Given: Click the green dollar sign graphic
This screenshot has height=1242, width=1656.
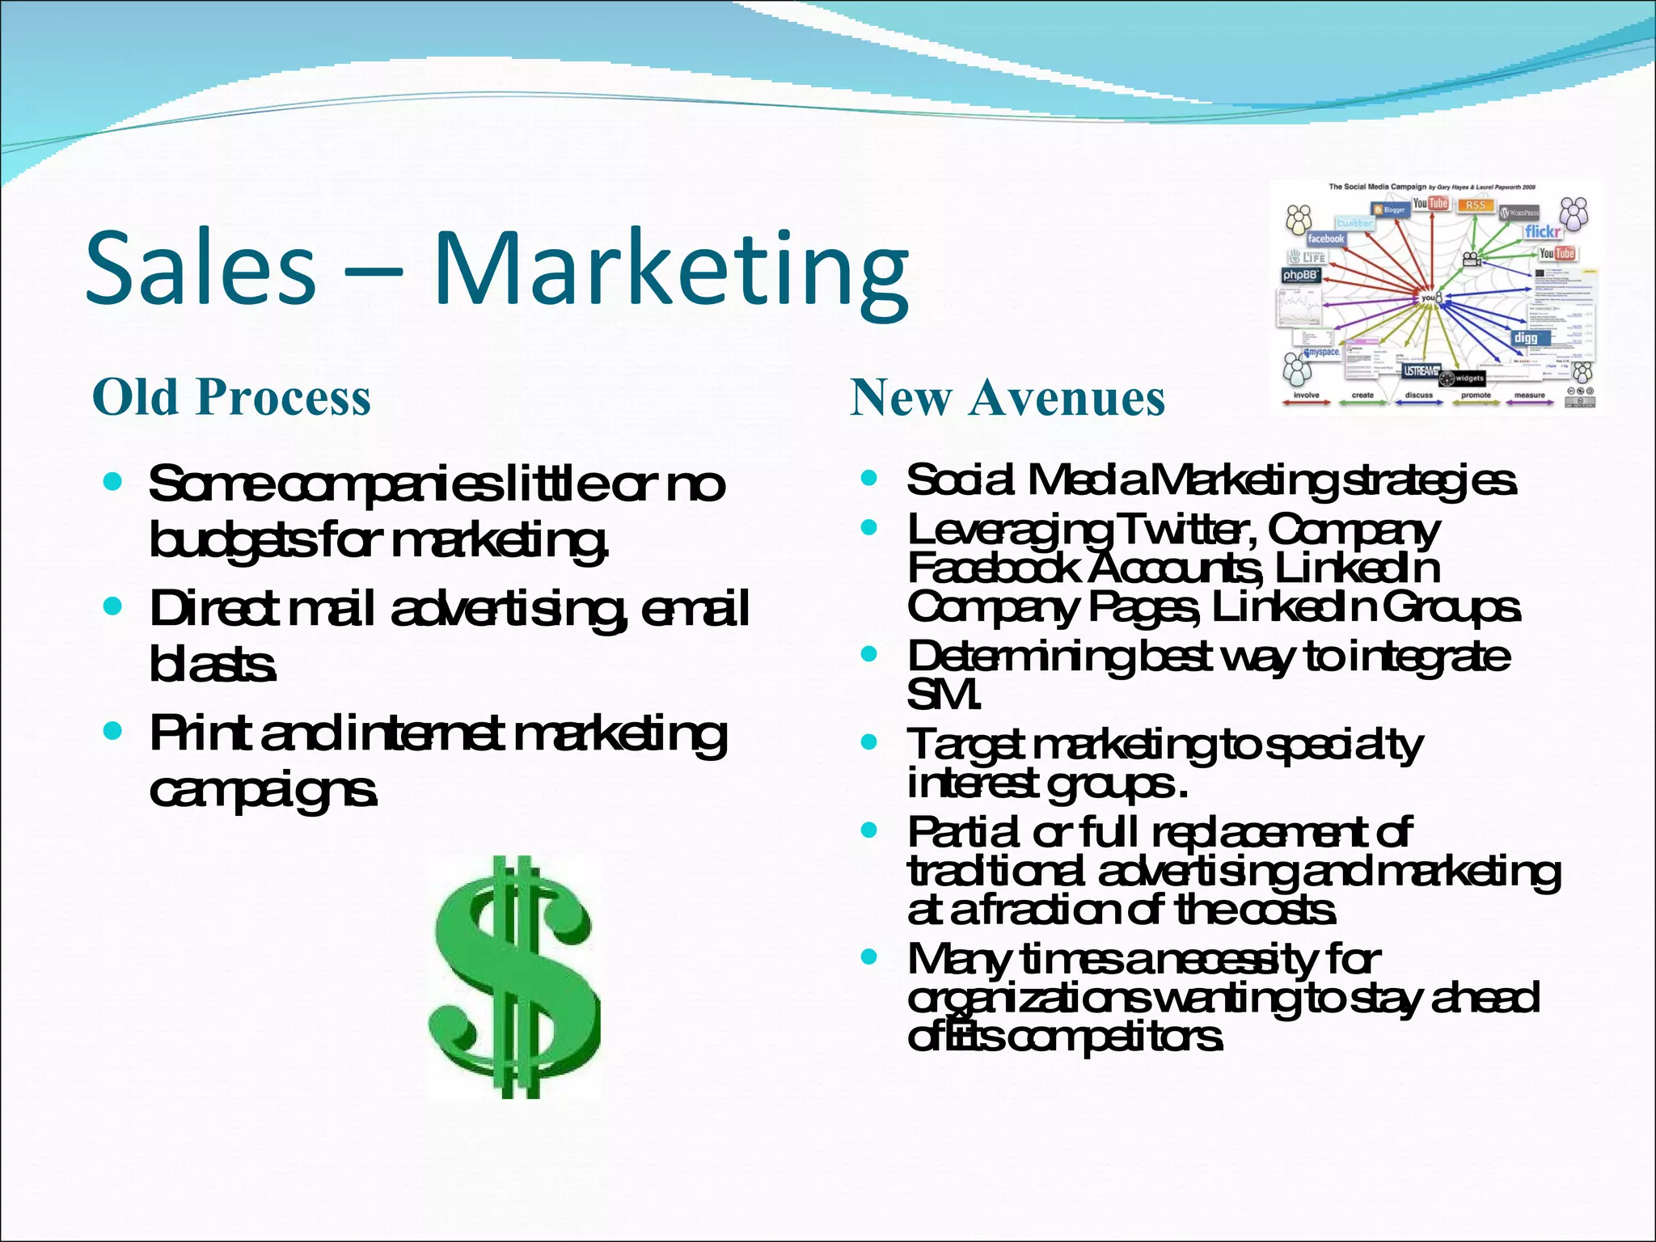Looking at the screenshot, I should pos(514,976).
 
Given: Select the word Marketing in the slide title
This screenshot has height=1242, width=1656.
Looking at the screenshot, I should pos(671,271).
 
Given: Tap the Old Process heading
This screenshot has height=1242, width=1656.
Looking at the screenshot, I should pos(231,397).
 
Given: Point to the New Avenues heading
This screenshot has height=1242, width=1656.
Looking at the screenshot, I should pos(1008,398).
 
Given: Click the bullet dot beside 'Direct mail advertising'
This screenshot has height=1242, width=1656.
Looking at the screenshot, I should pos(113,606).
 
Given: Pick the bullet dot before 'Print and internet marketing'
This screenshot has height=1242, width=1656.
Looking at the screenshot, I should pos(113,732).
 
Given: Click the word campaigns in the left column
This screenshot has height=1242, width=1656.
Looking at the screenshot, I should pos(263,790).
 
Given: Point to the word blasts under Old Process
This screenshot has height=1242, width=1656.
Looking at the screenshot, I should pos(213,665).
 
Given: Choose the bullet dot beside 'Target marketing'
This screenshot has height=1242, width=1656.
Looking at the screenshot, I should pos(869,741).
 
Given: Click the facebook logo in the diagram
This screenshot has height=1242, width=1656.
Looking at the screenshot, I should pos(1326,239).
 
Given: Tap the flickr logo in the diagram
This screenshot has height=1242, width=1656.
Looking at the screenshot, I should pos(1542,232).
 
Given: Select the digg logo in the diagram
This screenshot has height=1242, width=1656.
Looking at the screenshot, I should pos(1526,338).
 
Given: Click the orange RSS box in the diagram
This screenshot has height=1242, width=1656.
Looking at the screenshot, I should pos(1476,205).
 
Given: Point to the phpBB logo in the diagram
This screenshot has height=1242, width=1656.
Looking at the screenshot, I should pos(1300,276).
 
